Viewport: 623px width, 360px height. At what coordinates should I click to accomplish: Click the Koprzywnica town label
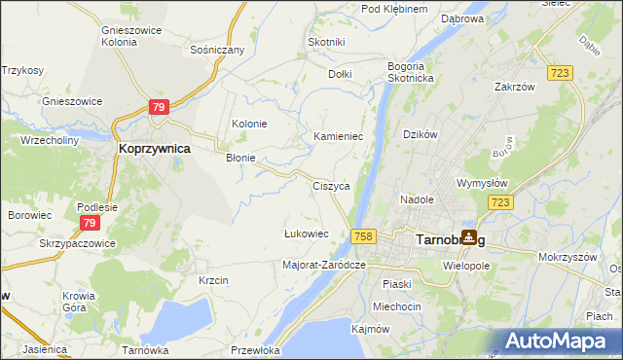pos(153,149)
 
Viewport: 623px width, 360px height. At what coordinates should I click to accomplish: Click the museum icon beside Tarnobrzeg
pos(469,236)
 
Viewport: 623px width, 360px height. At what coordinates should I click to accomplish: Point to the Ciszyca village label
pos(331,185)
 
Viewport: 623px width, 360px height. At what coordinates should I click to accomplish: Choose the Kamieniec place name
pos(338,137)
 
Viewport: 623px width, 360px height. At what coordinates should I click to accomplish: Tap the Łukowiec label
pos(306,234)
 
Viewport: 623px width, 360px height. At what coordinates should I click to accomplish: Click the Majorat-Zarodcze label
pos(323,265)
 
